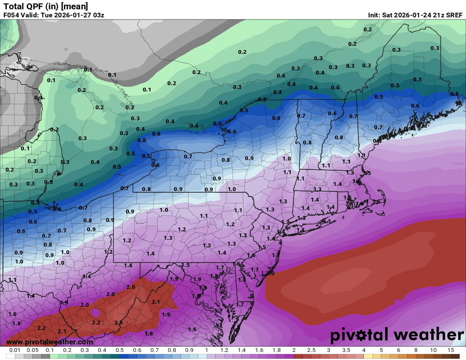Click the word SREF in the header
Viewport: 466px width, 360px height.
point(454,15)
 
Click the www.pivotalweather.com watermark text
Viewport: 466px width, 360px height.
point(50,342)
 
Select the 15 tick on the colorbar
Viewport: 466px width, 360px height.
point(450,350)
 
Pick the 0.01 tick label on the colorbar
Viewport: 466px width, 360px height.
point(15,350)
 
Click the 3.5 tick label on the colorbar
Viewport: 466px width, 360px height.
point(346,350)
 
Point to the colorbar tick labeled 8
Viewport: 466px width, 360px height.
point(416,350)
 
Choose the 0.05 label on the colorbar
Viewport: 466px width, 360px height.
point(33,350)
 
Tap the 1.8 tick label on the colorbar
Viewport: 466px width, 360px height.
point(276,350)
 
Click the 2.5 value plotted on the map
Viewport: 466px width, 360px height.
point(118,323)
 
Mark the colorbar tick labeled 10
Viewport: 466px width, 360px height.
point(433,350)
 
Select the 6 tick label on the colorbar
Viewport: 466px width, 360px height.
point(398,350)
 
